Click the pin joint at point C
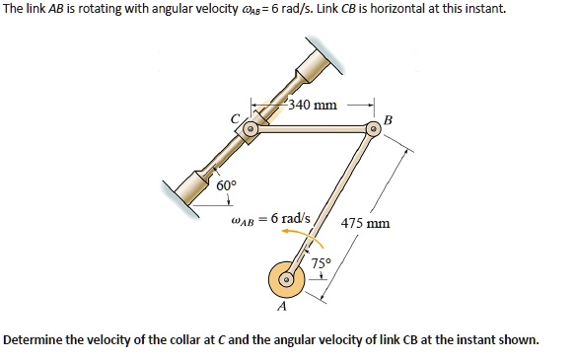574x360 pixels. (x=251, y=128)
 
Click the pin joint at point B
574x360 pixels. (x=373, y=128)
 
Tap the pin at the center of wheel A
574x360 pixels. (x=285, y=280)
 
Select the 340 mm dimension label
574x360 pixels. (x=314, y=104)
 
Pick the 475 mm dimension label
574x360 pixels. (x=365, y=223)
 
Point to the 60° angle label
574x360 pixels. (x=226, y=184)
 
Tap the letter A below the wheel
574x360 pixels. (x=281, y=308)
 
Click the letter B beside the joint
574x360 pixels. (x=388, y=119)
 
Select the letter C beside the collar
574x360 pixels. (x=235, y=119)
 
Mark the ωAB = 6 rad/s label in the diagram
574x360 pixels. (x=269, y=218)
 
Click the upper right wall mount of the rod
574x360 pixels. (x=329, y=56)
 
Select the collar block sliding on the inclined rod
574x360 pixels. (x=251, y=129)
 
